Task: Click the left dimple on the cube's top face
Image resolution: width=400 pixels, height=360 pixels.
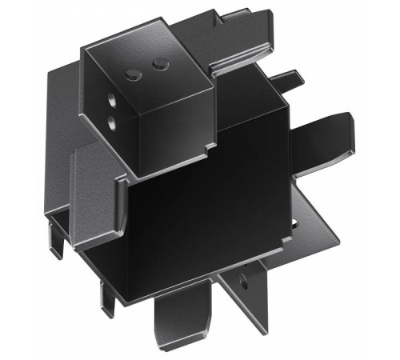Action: [133, 74]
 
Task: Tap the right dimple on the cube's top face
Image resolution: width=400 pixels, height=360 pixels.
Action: [159, 63]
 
